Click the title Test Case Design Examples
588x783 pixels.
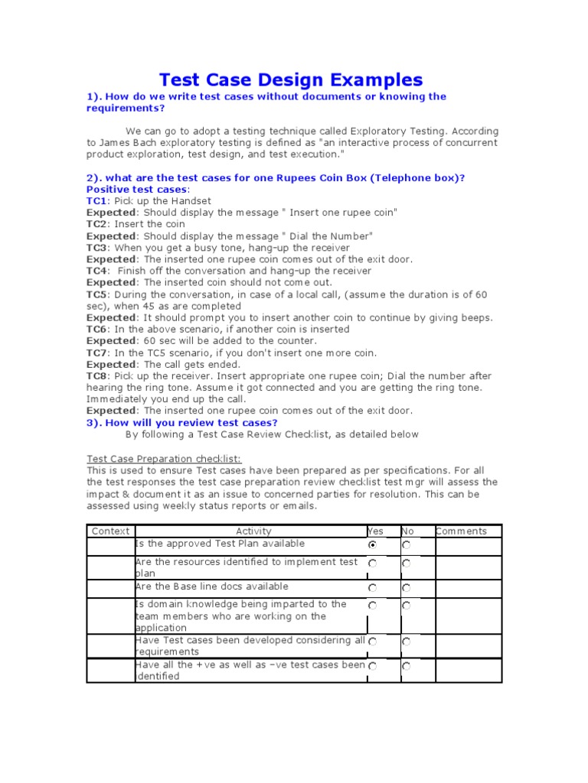290,80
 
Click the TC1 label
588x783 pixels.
96,201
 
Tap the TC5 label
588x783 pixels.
97,294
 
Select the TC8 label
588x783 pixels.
97,376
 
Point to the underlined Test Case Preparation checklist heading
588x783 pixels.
164,459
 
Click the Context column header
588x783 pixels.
110,531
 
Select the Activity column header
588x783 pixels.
253,531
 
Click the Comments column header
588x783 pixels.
461,531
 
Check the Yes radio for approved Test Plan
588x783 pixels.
373,545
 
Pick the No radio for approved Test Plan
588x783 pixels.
406,545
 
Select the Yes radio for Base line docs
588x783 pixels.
373,588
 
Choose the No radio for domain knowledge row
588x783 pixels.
406,606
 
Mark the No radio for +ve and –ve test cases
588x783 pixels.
406,667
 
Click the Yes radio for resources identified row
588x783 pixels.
373,564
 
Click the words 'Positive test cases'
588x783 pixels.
136,190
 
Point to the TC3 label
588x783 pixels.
97,248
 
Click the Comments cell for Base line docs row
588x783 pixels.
468,588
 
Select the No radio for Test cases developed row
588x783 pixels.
406,642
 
